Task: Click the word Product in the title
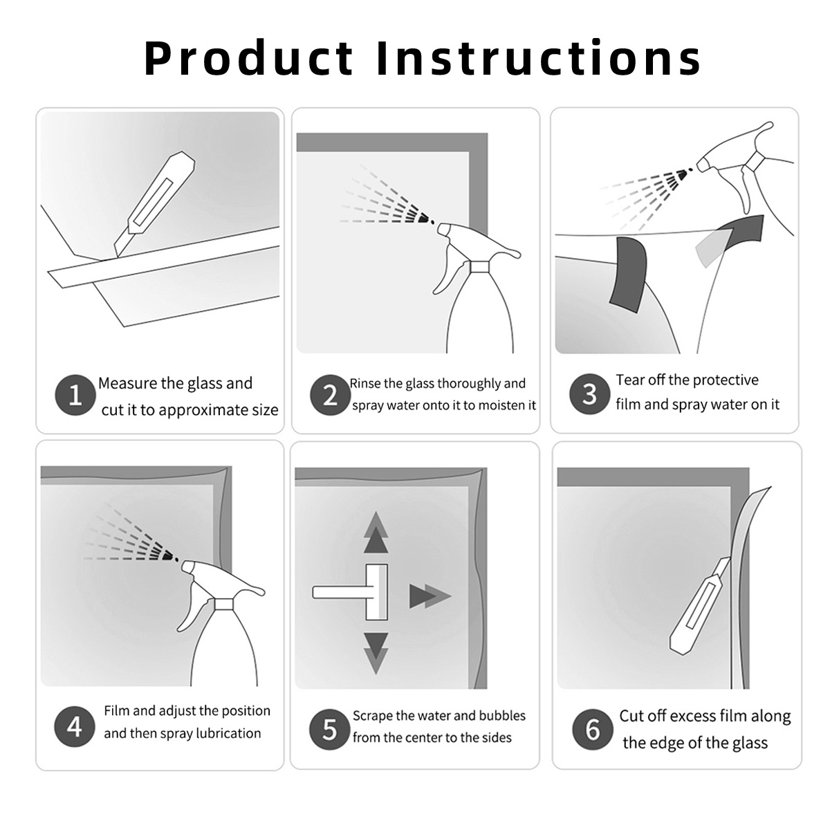point(248,58)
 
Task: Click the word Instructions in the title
point(538,57)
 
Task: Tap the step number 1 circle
point(75,394)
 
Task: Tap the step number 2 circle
point(331,394)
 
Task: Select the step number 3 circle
point(590,394)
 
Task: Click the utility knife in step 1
point(154,204)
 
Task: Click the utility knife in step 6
point(699,607)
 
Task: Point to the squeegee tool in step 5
point(350,592)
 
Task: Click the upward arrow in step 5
point(376,533)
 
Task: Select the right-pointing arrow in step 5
point(430,596)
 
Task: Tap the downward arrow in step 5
point(376,653)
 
